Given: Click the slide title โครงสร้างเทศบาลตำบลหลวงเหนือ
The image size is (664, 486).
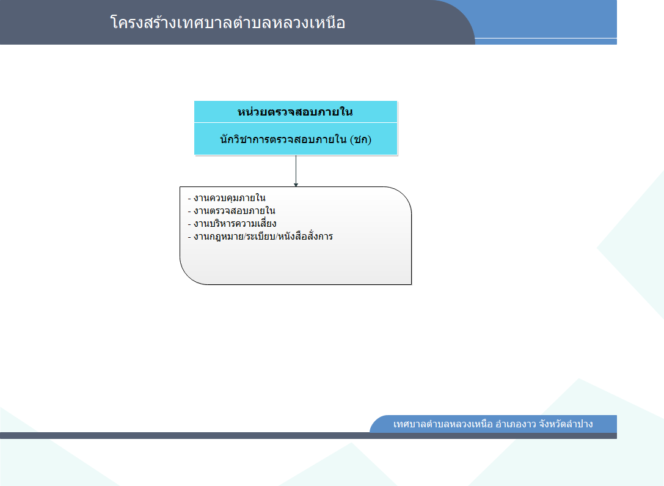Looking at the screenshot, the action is [228, 23].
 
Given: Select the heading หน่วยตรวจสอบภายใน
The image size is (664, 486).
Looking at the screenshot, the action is [295, 112].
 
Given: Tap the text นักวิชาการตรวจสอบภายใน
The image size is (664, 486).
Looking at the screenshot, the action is [283, 139].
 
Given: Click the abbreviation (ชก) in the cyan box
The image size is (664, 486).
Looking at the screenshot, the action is [361, 139].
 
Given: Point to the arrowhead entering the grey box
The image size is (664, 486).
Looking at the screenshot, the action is [296, 185].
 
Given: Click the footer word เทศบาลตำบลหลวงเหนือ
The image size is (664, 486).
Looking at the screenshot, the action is [443, 424].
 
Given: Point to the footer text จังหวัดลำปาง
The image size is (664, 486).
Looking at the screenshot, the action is [566, 424].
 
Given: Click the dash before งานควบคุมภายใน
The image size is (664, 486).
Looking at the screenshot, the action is [189, 198].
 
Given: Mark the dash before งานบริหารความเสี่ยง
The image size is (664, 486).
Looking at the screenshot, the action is [189, 224].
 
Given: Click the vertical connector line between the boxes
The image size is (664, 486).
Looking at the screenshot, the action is [296, 171].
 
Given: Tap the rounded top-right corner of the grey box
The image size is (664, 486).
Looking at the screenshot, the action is [403, 195].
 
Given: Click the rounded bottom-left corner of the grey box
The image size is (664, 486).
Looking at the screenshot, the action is [188, 276].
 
